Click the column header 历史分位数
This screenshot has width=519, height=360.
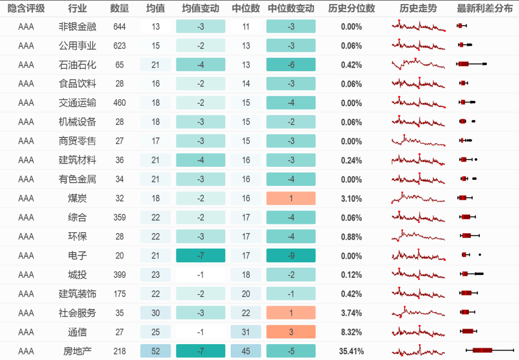(x=351, y=9)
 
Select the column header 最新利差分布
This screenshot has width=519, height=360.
(x=484, y=9)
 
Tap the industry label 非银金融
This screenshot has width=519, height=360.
(x=77, y=27)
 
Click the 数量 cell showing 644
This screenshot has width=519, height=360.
(x=120, y=27)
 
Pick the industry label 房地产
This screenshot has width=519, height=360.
(x=77, y=351)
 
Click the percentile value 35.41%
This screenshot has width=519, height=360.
(x=351, y=351)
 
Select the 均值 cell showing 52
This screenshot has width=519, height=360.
(x=156, y=351)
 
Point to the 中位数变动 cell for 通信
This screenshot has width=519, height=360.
(x=291, y=332)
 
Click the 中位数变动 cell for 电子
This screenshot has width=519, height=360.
(x=291, y=256)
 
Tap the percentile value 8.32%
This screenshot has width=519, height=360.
(x=351, y=332)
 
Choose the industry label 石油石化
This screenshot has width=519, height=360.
(x=77, y=65)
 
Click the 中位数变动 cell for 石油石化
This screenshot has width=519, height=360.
(x=291, y=65)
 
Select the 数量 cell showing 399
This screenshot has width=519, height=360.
(x=120, y=275)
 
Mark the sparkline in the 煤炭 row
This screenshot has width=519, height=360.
(x=418, y=198)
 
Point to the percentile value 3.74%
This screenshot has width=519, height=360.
(x=351, y=313)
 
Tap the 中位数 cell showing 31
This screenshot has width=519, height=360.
(x=246, y=332)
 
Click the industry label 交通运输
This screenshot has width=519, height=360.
(x=77, y=103)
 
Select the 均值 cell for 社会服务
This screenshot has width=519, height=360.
(x=156, y=313)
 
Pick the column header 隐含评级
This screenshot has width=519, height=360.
(x=26, y=9)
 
